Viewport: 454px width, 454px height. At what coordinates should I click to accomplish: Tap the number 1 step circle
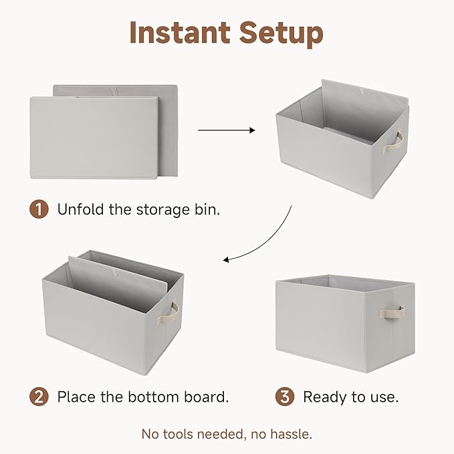[x=39, y=209]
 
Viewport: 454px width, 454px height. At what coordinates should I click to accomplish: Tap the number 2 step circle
[x=39, y=396]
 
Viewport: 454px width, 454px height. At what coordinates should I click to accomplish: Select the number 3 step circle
[x=285, y=396]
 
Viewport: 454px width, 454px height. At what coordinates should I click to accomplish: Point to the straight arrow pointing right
[x=227, y=130]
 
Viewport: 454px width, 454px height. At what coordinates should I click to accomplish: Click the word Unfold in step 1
[x=80, y=209]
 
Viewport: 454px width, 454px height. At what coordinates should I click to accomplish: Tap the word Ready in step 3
[x=324, y=396]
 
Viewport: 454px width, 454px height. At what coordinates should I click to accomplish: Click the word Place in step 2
[x=76, y=396]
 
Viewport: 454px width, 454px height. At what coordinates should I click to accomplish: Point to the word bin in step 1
[x=207, y=209]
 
